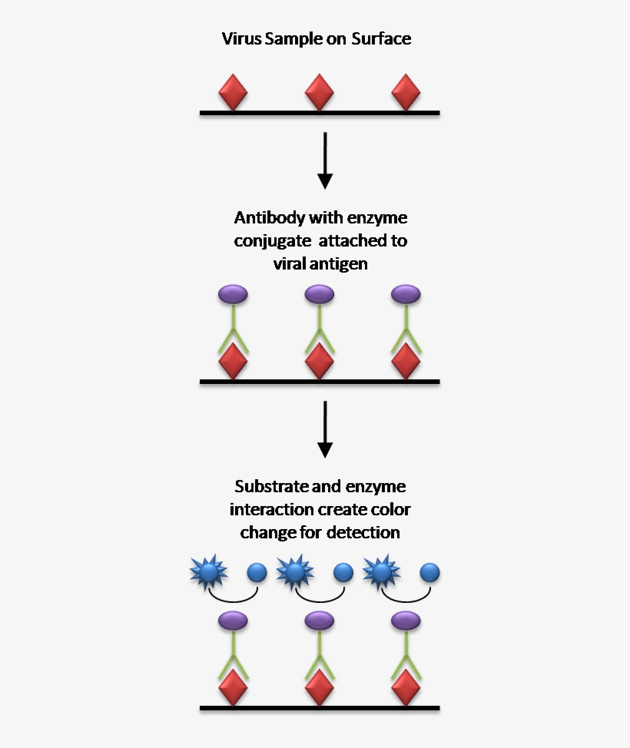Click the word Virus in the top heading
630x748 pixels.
pyautogui.click(x=241, y=38)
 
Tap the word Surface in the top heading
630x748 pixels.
pyautogui.click(x=381, y=38)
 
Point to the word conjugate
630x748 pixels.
pyautogui.click(x=270, y=241)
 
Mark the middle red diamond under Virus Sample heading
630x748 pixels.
pyautogui.click(x=319, y=92)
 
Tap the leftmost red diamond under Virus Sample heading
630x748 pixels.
pyautogui.click(x=233, y=92)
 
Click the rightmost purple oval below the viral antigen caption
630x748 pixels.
pyautogui.click(x=406, y=293)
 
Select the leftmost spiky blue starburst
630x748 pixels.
pyautogui.click(x=207, y=572)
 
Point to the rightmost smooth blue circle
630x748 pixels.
pyautogui.click(x=429, y=572)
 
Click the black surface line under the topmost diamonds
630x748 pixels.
pyautogui.click(x=320, y=113)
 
